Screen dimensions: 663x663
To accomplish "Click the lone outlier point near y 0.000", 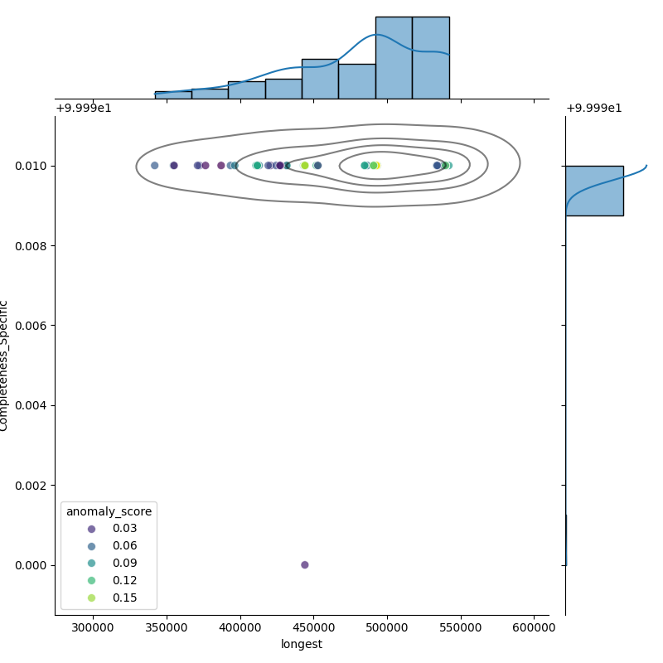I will (304, 564).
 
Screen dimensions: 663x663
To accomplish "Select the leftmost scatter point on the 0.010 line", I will (154, 165).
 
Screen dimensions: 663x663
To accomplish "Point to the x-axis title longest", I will (302, 644).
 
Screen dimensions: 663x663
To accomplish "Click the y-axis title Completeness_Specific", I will (5, 365).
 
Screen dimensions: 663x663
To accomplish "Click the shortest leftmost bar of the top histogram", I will (172, 94).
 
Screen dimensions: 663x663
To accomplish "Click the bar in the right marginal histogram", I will (593, 191).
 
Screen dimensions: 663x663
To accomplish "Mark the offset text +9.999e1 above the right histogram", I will (593, 108).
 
